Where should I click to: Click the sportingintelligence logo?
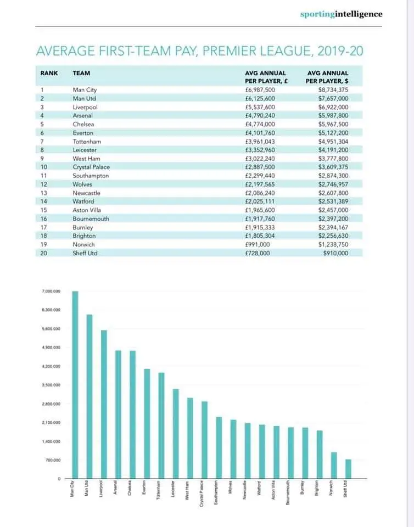click(x=341, y=14)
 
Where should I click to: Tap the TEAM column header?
click(x=81, y=73)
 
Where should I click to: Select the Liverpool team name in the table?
click(x=85, y=107)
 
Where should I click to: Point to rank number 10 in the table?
click(x=44, y=167)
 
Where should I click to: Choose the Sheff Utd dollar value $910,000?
click(x=336, y=253)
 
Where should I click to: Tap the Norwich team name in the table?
click(x=83, y=244)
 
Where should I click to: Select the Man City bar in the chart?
click(x=75, y=384)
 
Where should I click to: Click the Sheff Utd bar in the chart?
click(x=348, y=469)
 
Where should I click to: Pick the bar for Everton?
click(x=147, y=423)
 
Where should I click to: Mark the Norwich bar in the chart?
click(x=333, y=465)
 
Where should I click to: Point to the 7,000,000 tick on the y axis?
click(x=51, y=291)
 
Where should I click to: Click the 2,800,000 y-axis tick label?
click(x=51, y=404)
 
